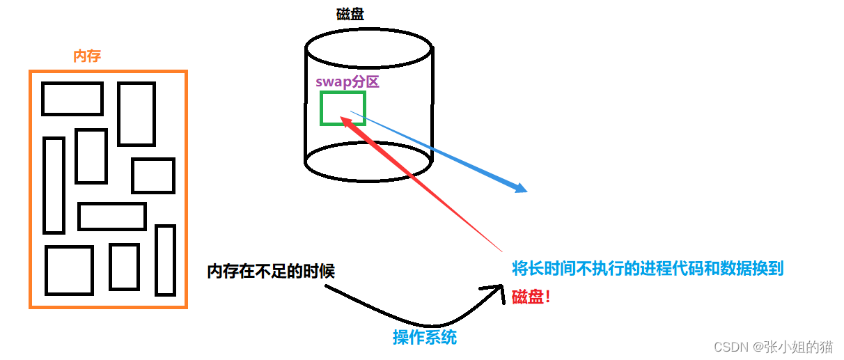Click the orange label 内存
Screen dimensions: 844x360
pos(87,56)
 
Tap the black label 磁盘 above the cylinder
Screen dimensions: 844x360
pos(350,15)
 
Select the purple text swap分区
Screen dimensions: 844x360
pos(347,81)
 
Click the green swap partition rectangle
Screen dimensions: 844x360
pos(343,109)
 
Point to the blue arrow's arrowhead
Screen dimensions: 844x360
pos(521,189)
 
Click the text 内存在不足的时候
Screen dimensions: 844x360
pos(271,271)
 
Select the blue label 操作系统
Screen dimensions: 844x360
pos(425,338)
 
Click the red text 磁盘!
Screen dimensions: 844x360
pos(531,297)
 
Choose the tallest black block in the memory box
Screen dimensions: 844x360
pos(54,185)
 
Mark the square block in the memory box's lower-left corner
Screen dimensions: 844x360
pos(70,270)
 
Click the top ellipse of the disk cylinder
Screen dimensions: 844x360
pos(369,49)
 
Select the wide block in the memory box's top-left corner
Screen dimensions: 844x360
pos(72,99)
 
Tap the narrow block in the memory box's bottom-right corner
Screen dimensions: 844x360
pos(165,260)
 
